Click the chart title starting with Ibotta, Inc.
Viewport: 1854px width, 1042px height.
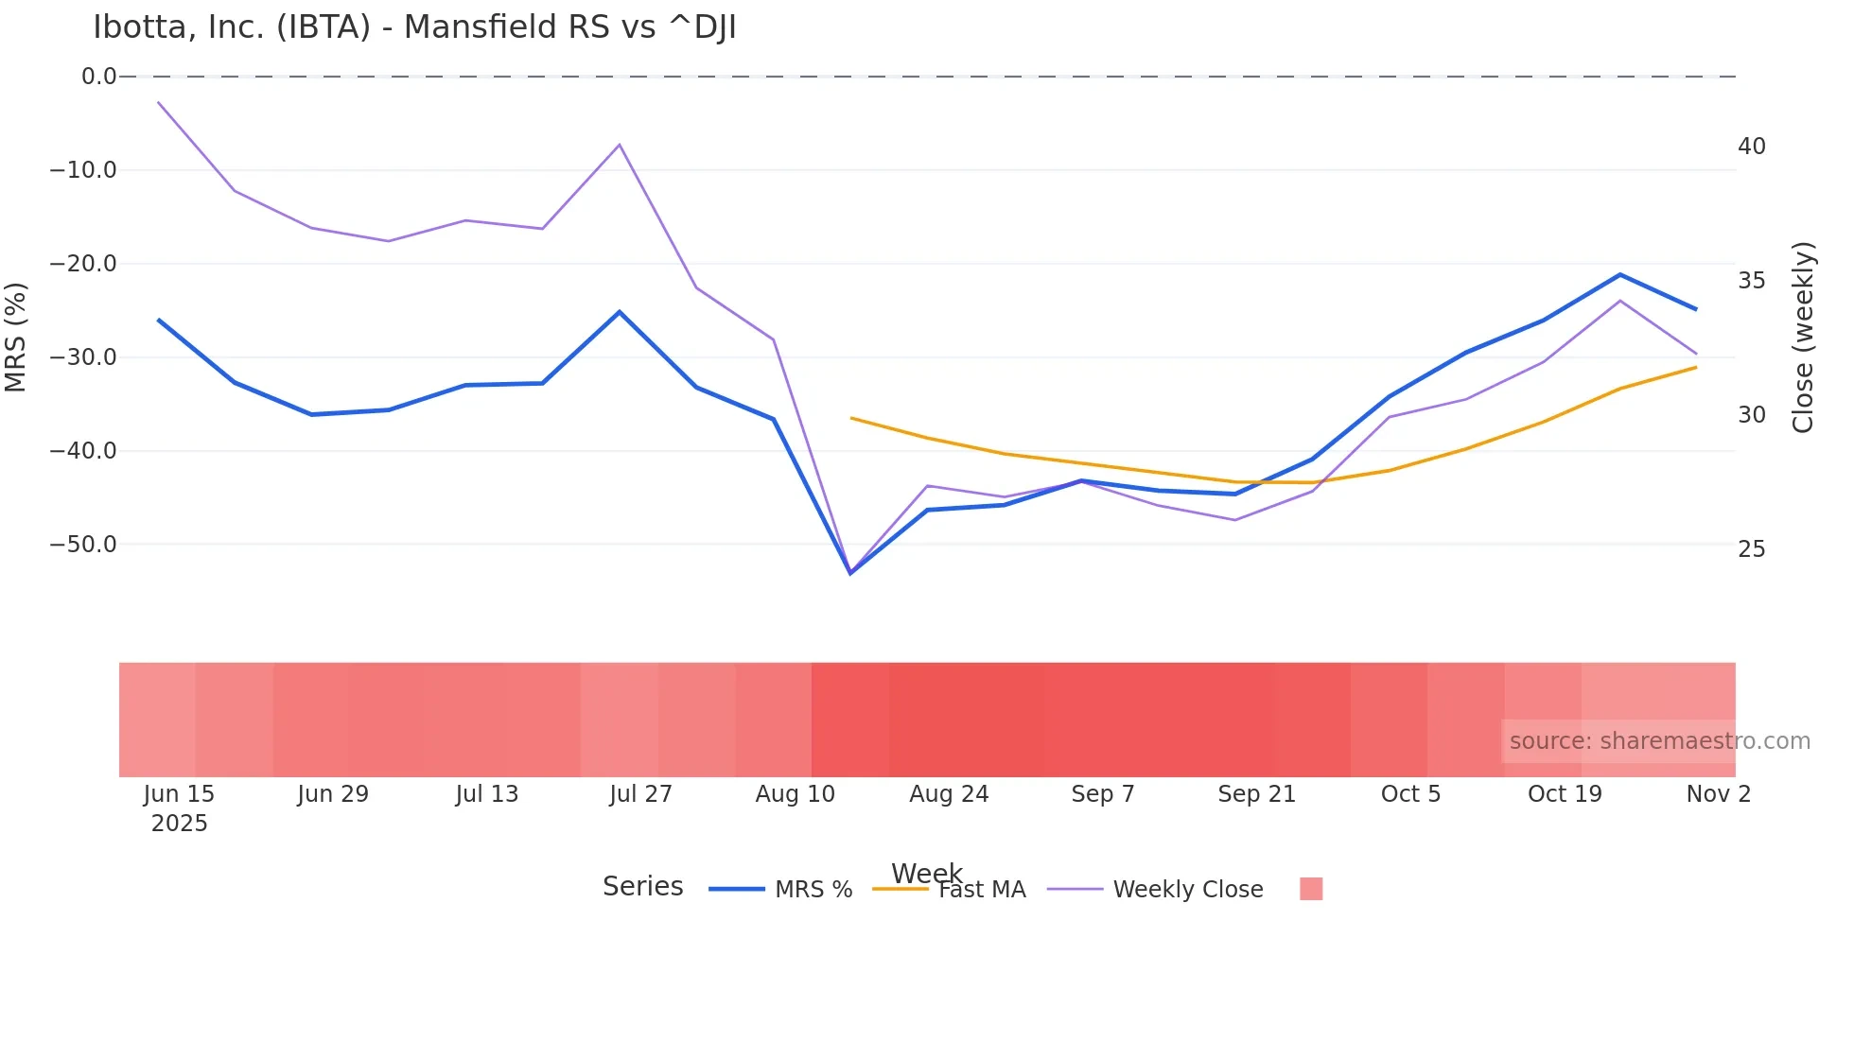coord(414,27)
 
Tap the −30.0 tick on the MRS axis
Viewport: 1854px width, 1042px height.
coord(83,357)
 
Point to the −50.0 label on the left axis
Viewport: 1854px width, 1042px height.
coord(83,545)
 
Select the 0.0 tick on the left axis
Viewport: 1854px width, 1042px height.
coord(98,77)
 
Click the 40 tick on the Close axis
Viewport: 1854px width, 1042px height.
coord(1752,147)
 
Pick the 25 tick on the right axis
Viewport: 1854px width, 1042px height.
coord(1752,549)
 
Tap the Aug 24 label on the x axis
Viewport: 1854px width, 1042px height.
coord(949,794)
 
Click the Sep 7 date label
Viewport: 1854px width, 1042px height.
coord(1103,794)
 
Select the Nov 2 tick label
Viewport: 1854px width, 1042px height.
coord(1719,794)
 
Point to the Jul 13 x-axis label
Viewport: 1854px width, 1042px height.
coord(487,794)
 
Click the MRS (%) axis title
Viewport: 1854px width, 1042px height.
coord(16,338)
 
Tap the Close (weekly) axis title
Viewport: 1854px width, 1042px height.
coord(1803,338)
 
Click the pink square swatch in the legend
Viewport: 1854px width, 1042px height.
coord(1311,889)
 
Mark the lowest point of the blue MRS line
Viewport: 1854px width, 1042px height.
coord(850,573)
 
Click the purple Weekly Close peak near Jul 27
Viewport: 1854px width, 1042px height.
coord(620,145)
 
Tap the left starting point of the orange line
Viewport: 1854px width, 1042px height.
coord(851,418)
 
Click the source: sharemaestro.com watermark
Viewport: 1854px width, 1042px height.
coord(1659,741)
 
